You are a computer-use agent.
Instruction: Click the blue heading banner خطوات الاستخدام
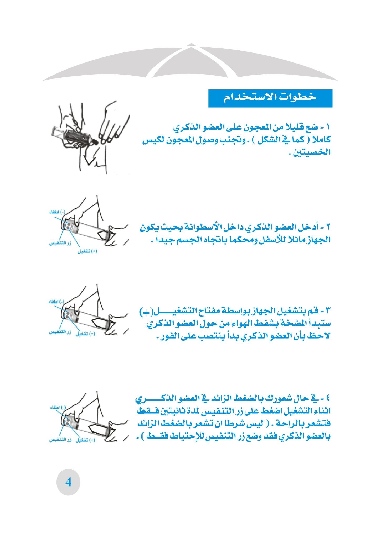point(270,98)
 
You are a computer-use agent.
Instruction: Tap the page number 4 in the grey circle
point(68,482)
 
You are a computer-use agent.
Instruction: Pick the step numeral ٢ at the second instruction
point(328,227)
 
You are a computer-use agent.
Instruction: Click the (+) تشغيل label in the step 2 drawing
point(87,251)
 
